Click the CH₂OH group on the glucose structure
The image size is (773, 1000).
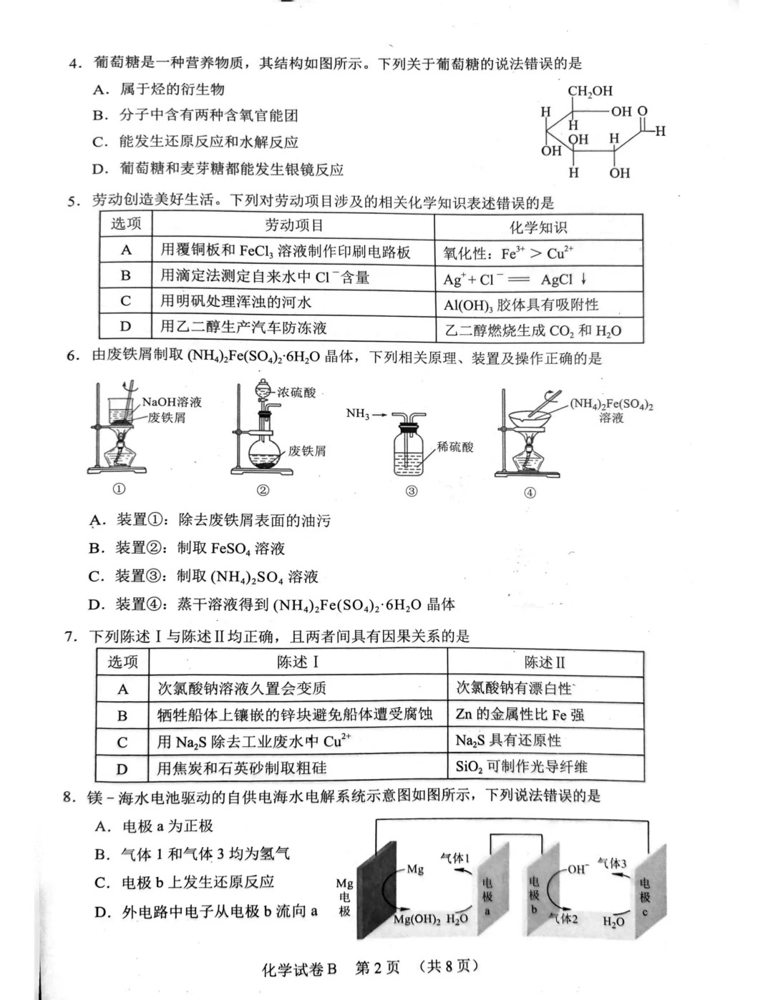pyautogui.click(x=590, y=91)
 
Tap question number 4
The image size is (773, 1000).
pyautogui.click(x=75, y=64)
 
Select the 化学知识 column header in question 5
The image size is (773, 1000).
pyautogui.click(x=538, y=227)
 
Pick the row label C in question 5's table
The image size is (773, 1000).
pyautogui.click(x=126, y=301)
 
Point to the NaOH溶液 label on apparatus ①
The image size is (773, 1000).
pyautogui.click(x=172, y=402)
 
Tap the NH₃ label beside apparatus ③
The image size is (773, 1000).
pyautogui.click(x=358, y=413)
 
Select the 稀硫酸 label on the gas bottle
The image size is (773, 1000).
pyautogui.click(x=455, y=447)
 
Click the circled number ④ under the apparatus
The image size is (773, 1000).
pyautogui.click(x=530, y=492)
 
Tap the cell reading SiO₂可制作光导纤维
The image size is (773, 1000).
pyautogui.click(x=521, y=767)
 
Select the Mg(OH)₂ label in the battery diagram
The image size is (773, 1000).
pyautogui.click(x=417, y=919)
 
